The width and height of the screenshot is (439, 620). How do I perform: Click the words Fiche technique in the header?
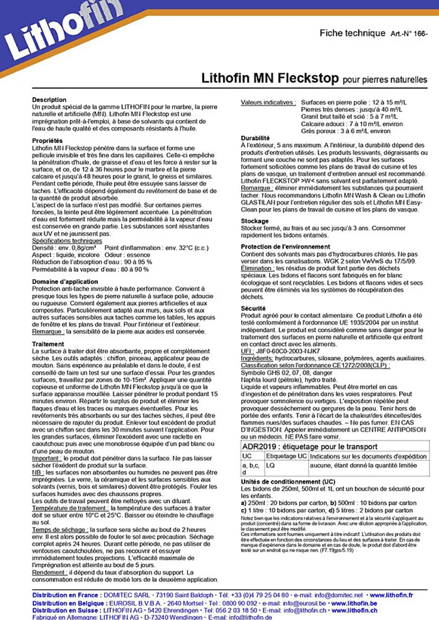click(x=352, y=33)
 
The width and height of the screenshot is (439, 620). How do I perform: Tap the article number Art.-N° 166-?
click(x=409, y=33)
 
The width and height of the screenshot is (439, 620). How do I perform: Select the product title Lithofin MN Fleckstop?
click(x=270, y=78)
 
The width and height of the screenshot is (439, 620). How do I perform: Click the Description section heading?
click(x=49, y=100)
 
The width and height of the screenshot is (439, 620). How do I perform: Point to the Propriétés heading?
click(x=47, y=141)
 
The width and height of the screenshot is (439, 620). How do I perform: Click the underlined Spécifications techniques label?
click(x=67, y=241)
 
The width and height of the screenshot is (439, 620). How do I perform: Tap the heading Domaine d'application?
click(x=65, y=281)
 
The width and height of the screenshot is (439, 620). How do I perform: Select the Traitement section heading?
click(x=48, y=344)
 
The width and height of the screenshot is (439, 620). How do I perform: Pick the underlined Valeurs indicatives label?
click(x=268, y=102)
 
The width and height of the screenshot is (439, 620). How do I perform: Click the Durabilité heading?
click(x=255, y=138)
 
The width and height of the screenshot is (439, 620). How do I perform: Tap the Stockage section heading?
click(x=254, y=221)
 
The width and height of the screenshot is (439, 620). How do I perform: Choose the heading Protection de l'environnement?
click(x=285, y=247)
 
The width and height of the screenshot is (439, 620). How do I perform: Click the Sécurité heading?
click(x=253, y=308)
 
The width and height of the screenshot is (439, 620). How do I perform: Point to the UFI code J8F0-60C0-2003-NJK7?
click(x=288, y=351)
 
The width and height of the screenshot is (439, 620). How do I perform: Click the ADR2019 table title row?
click(x=310, y=447)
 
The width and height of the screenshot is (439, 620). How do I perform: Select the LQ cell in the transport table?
click(x=271, y=465)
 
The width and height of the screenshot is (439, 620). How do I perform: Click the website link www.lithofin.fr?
click(x=391, y=595)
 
